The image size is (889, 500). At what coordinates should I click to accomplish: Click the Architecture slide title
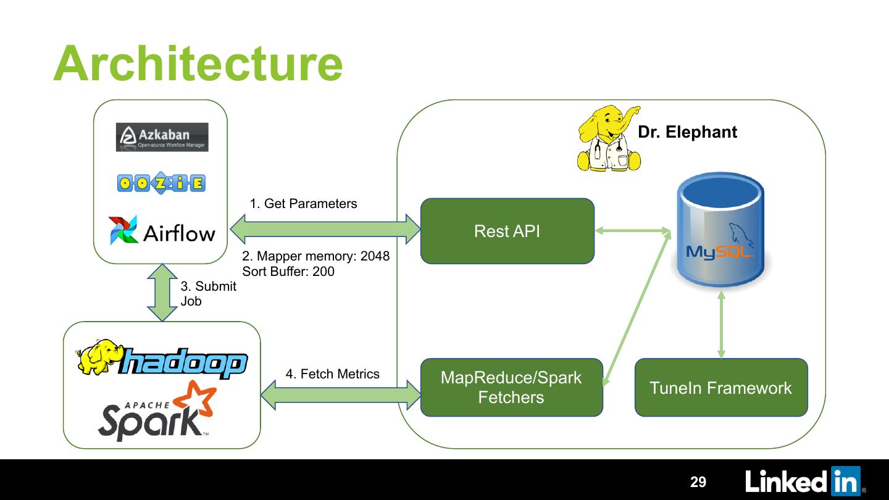click(x=198, y=63)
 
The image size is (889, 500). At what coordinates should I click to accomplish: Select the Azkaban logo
click(x=162, y=137)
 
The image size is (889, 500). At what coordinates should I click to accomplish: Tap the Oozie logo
click(x=161, y=183)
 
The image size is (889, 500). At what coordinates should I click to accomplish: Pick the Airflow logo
click(x=162, y=231)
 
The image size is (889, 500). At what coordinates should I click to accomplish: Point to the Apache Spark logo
click(x=158, y=410)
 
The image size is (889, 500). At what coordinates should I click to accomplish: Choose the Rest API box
click(x=507, y=231)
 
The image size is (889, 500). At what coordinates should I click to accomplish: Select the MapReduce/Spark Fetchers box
click(x=511, y=387)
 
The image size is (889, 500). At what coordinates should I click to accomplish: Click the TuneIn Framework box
click(x=720, y=388)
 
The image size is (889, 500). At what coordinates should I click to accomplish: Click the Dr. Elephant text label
click(x=687, y=132)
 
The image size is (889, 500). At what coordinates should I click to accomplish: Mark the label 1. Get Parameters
click(x=303, y=204)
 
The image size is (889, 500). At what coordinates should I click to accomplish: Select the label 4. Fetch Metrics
click(x=332, y=374)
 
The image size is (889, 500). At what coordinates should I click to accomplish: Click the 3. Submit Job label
click(x=207, y=294)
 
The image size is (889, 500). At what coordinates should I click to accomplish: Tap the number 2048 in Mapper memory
click(x=375, y=256)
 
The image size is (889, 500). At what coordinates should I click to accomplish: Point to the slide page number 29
click(x=698, y=482)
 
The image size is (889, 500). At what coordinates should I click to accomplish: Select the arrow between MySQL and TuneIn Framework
click(x=720, y=325)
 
